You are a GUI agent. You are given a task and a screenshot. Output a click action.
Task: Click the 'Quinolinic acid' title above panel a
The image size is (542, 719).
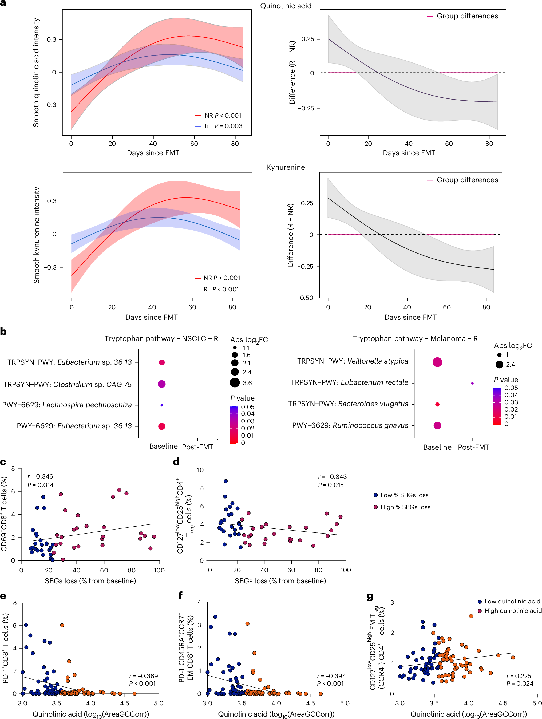point(286,6)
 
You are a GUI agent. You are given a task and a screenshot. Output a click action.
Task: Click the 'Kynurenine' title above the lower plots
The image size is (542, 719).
point(286,167)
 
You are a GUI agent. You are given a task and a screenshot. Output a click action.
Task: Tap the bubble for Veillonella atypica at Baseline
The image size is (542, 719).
point(437,362)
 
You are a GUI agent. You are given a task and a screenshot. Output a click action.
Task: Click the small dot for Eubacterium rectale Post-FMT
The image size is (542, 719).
point(472,383)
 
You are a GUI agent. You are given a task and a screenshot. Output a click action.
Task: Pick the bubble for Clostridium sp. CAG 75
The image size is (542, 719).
point(162,384)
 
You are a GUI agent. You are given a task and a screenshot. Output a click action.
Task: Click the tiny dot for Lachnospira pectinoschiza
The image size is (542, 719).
point(162,405)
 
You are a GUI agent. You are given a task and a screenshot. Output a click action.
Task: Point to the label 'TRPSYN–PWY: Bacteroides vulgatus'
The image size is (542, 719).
point(348,404)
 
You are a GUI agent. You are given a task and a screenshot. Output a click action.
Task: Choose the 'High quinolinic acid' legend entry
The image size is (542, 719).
point(512,610)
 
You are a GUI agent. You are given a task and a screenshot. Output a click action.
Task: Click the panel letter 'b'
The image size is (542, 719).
point(3,331)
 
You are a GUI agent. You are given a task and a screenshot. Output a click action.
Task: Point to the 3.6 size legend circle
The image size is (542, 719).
point(235,382)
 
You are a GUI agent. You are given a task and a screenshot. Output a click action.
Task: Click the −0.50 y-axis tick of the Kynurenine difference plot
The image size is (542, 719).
point(304,298)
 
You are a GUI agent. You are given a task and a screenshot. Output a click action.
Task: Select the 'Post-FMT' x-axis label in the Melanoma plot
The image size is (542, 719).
point(473,447)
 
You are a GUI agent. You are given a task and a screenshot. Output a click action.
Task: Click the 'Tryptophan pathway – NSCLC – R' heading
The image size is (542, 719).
point(161,339)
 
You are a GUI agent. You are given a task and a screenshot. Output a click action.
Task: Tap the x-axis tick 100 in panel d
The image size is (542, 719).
point(345,570)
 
